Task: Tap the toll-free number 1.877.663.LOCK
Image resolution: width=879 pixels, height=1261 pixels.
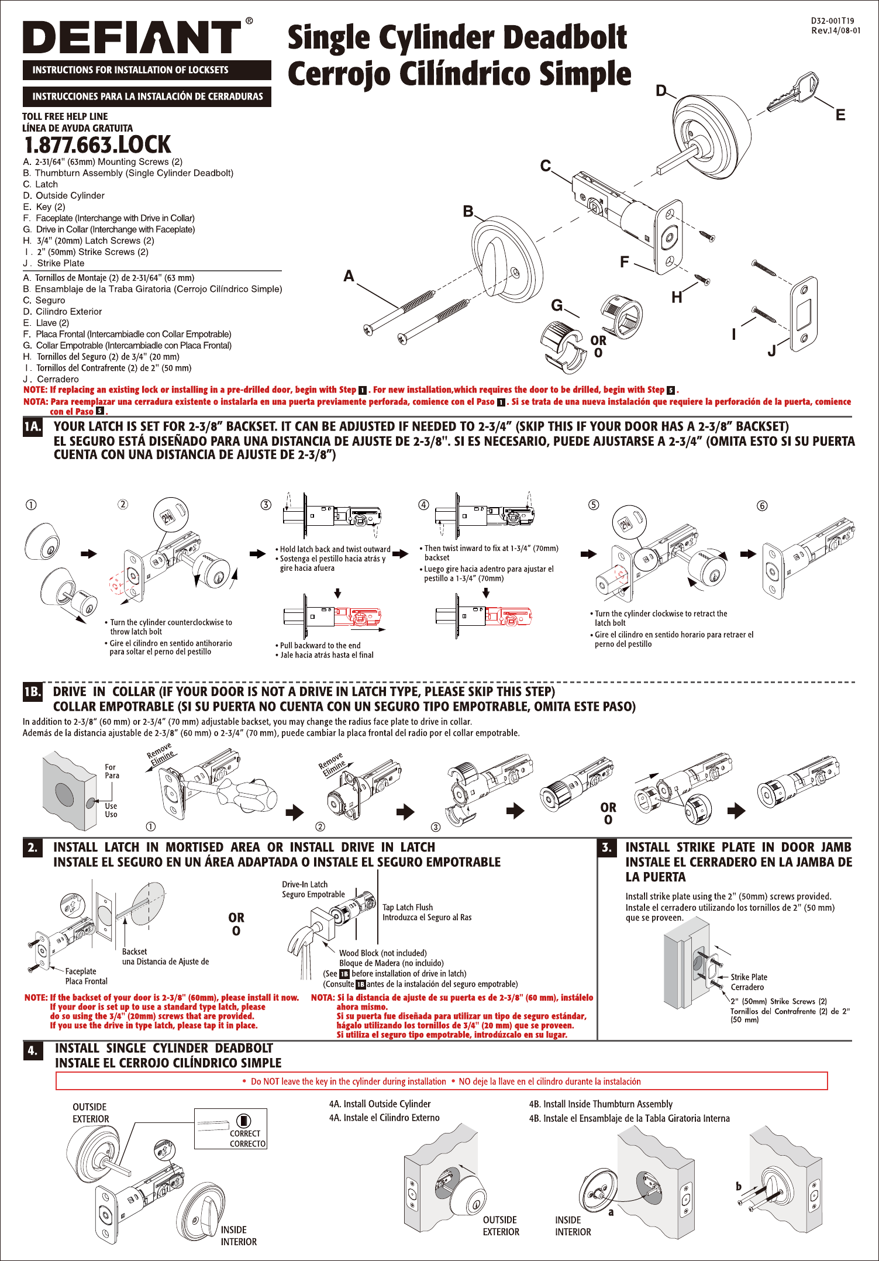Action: (x=98, y=144)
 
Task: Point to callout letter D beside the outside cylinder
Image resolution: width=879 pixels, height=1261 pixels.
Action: (x=661, y=91)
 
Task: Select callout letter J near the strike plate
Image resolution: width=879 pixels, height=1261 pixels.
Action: (x=772, y=350)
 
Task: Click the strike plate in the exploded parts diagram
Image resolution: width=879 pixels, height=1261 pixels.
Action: (x=804, y=314)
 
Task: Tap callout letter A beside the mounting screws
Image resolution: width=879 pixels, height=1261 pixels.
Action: (x=349, y=276)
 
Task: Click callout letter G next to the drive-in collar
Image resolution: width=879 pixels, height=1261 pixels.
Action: (x=557, y=305)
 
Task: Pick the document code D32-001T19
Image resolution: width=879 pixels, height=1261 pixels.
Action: (x=832, y=20)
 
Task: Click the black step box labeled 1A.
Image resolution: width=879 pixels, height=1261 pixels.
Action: (x=33, y=427)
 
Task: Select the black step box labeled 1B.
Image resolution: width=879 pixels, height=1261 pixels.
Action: (x=33, y=692)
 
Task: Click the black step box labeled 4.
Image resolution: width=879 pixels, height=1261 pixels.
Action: (x=33, y=1051)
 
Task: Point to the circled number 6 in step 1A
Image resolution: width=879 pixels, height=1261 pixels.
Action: (x=762, y=506)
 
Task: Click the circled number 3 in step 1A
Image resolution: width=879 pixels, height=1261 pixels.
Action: (x=266, y=505)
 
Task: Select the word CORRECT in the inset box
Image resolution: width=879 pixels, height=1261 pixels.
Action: (x=245, y=1133)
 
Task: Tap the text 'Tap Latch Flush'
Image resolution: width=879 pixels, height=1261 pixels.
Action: (x=408, y=907)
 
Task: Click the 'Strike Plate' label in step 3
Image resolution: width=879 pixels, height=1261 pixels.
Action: (x=749, y=977)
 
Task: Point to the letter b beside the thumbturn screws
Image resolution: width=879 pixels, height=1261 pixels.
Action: (x=739, y=1186)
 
